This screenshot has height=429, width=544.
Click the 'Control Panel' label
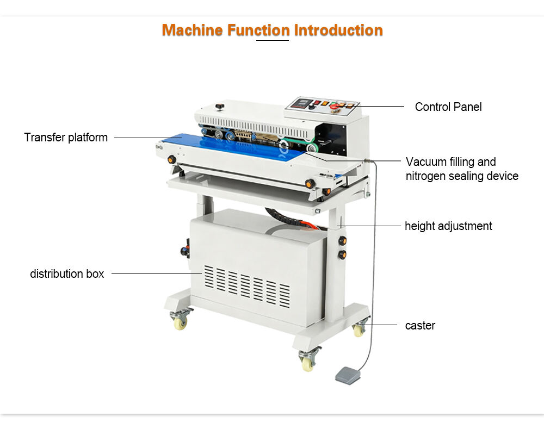(x=448, y=107)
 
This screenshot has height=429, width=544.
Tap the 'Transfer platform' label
(x=66, y=138)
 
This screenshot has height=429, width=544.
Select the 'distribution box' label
(x=67, y=273)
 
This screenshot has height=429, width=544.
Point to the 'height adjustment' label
(x=448, y=226)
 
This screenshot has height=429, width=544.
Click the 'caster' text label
(x=420, y=325)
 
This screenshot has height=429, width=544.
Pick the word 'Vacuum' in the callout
(x=426, y=162)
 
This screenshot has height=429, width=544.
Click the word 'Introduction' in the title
(x=338, y=30)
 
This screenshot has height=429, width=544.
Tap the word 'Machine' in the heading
(x=192, y=30)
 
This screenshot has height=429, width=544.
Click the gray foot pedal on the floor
(x=349, y=375)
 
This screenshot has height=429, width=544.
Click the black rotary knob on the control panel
(x=312, y=107)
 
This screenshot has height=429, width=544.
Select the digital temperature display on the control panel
(x=300, y=103)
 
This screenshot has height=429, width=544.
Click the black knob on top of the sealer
(x=219, y=107)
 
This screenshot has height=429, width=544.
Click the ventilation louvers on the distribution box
(x=247, y=287)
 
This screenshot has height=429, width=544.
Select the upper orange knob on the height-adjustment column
(x=342, y=240)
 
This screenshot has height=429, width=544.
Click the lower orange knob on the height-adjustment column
(x=342, y=255)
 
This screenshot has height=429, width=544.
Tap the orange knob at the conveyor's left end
(x=171, y=159)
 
